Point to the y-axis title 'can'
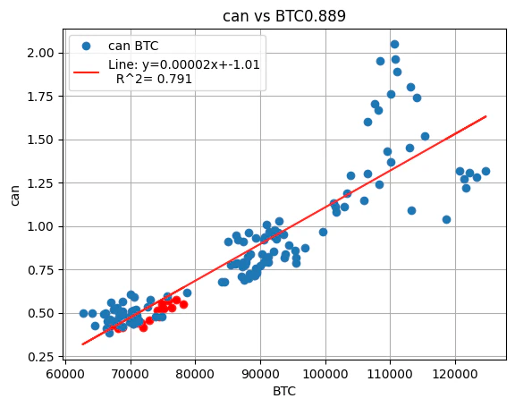pyautogui.click(x=14, y=193)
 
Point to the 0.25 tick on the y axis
pyautogui.click(x=38, y=357)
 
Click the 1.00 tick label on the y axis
pyautogui.click(x=38, y=226)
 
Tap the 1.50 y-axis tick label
pyautogui.click(x=38, y=140)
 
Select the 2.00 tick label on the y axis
pyautogui.click(x=38, y=53)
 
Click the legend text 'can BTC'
pyautogui.click(x=134, y=46)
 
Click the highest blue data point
pyautogui.click(x=394, y=44)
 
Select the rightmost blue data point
pyautogui.click(x=485, y=171)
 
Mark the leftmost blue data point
pyautogui.click(x=83, y=313)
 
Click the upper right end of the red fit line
pyautogui.click(x=485, y=116)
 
